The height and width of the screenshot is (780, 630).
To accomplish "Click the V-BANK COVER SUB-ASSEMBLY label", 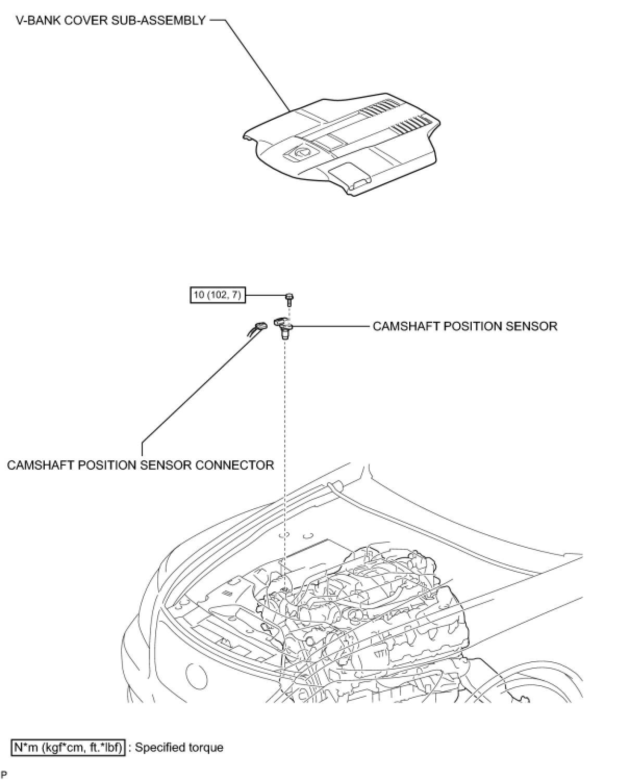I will (x=110, y=21).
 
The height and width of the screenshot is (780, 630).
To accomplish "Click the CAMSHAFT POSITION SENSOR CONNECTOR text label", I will (x=141, y=465).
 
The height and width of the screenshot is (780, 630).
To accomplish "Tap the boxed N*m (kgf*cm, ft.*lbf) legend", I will (x=68, y=748).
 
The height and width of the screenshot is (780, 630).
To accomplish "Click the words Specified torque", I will (x=179, y=748).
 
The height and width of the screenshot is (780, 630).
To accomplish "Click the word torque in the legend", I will (x=206, y=748).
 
